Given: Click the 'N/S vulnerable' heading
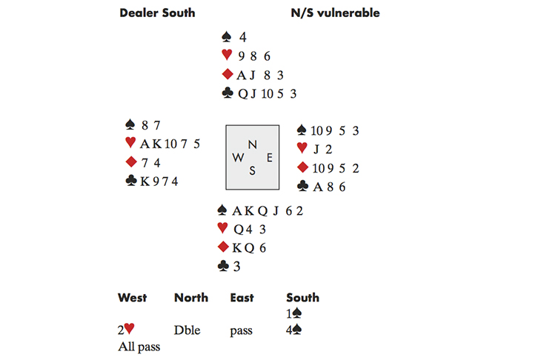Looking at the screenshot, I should pyautogui.click(x=336, y=13).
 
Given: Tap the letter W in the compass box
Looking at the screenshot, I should pyautogui.click(x=238, y=157).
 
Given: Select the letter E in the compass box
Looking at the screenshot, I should pyautogui.click(x=269, y=157).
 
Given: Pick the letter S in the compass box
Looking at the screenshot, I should pyautogui.click(x=253, y=170).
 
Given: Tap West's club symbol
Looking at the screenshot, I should pyautogui.click(x=131, y=180).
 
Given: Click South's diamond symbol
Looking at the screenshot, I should pyautogui.click(x=222, y=247).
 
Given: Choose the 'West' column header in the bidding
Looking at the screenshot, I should pyautogui.click(x=133, y=298).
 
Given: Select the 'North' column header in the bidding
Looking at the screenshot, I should pyautogui.click(x=191, y=298).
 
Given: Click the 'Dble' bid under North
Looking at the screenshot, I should pyautogui.click(x=187, y=330).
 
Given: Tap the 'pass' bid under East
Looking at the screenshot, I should pyautogui.click(x=242, y=331).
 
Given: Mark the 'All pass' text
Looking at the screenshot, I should pyautogui.click(x=139, y=346).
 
